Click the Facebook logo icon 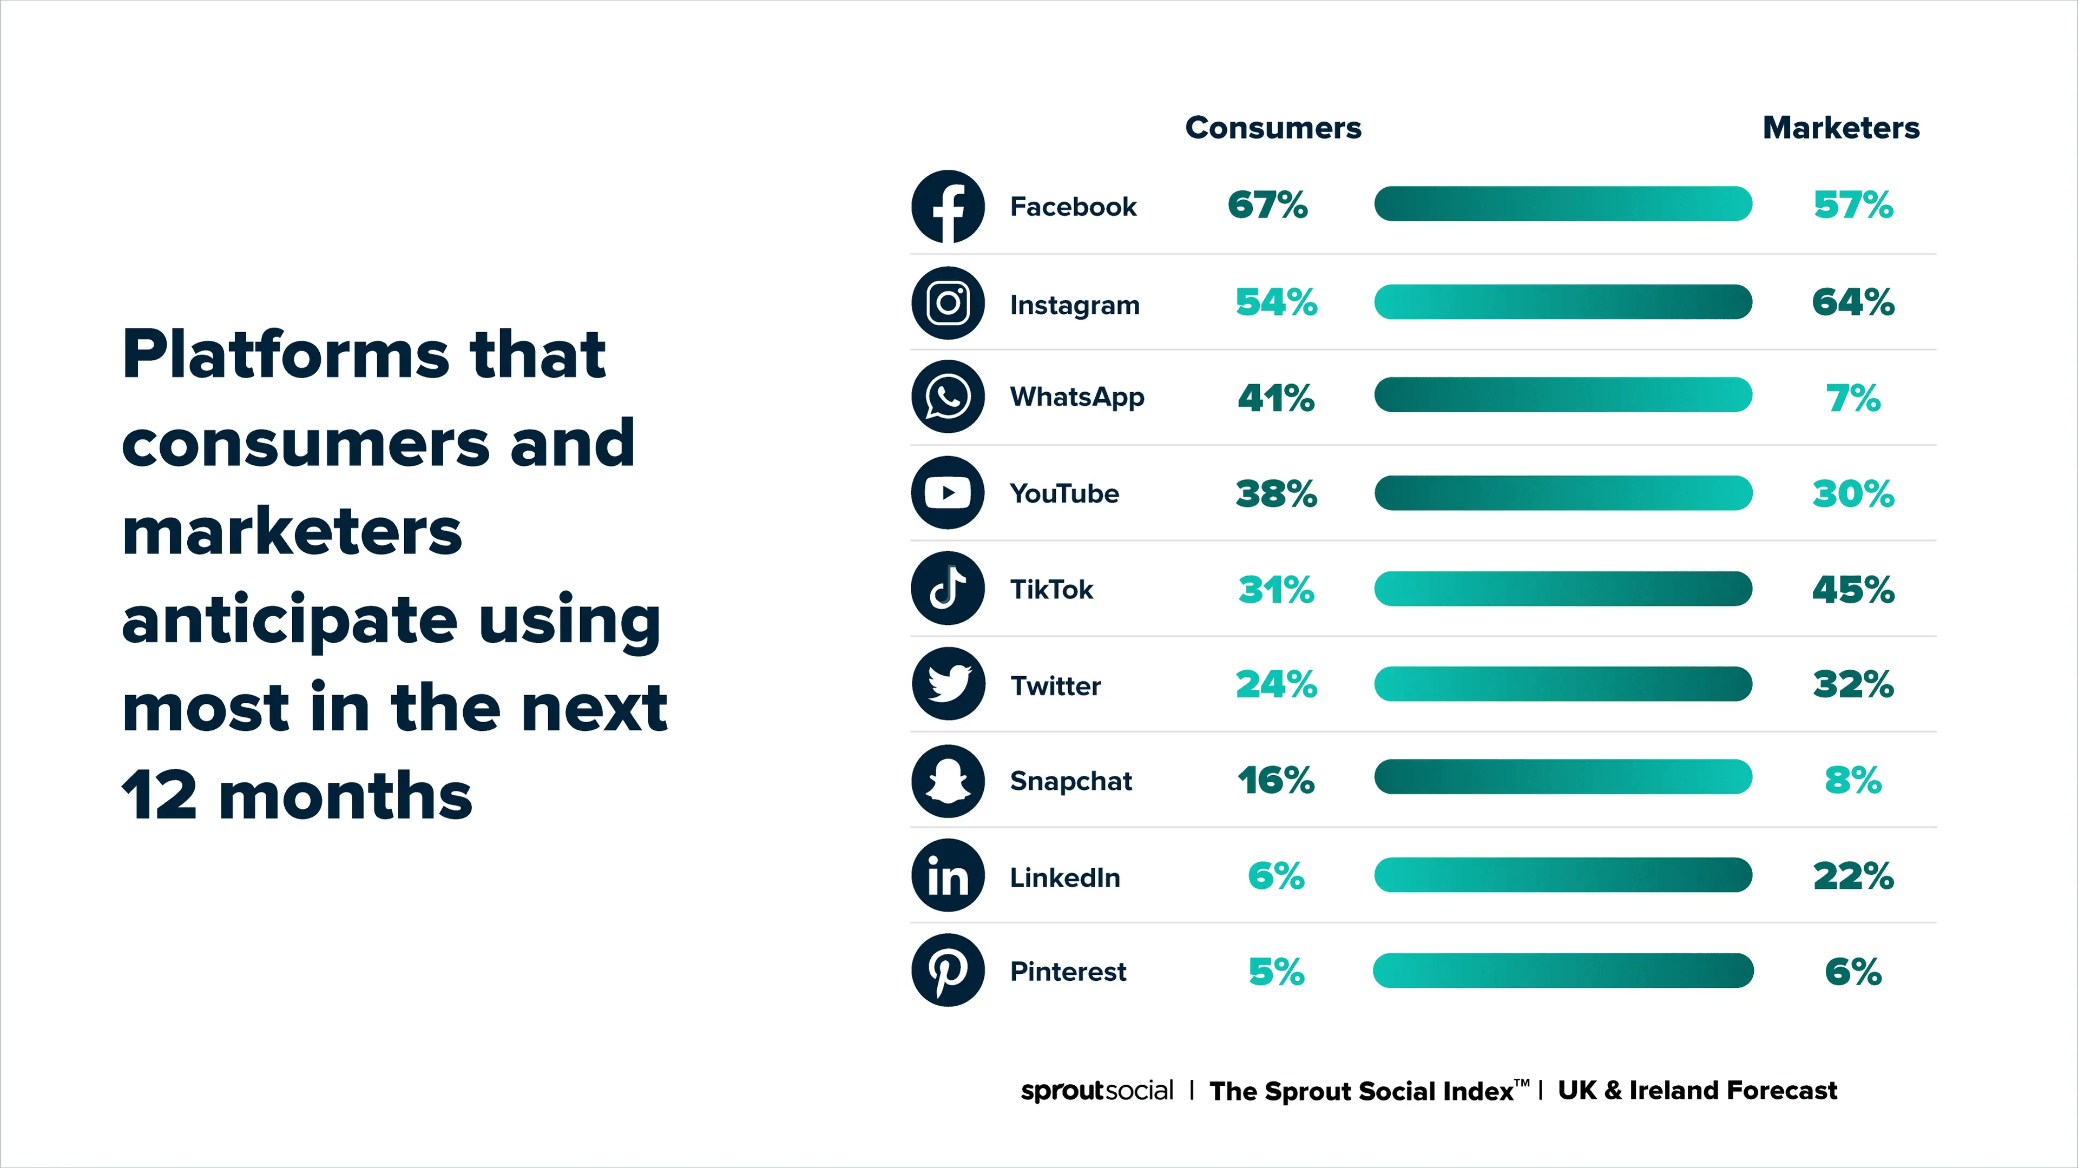coord(948,207)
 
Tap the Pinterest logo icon coord(948,971)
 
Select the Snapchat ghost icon coord(948,781)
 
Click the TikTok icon coord(948,588)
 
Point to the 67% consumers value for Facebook coord(1267,205)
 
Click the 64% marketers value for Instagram coord(1853,302)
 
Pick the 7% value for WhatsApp coord(1853,398)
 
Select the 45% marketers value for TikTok coord(1853,590)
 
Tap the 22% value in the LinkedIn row coord(1853,876)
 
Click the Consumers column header coord(1273,128)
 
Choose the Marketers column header coord(1841,128)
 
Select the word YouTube coord(1064,494)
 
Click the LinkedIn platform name coord(1065,877)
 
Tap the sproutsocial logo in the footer coord(1096,1091)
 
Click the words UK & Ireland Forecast coord(1697,1091)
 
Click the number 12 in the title coord(159,795)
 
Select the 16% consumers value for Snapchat coord(1275,780)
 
